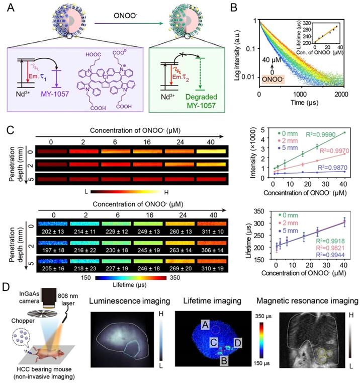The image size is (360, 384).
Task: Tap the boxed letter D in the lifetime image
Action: pyautogui.click(x=237, y=343)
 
